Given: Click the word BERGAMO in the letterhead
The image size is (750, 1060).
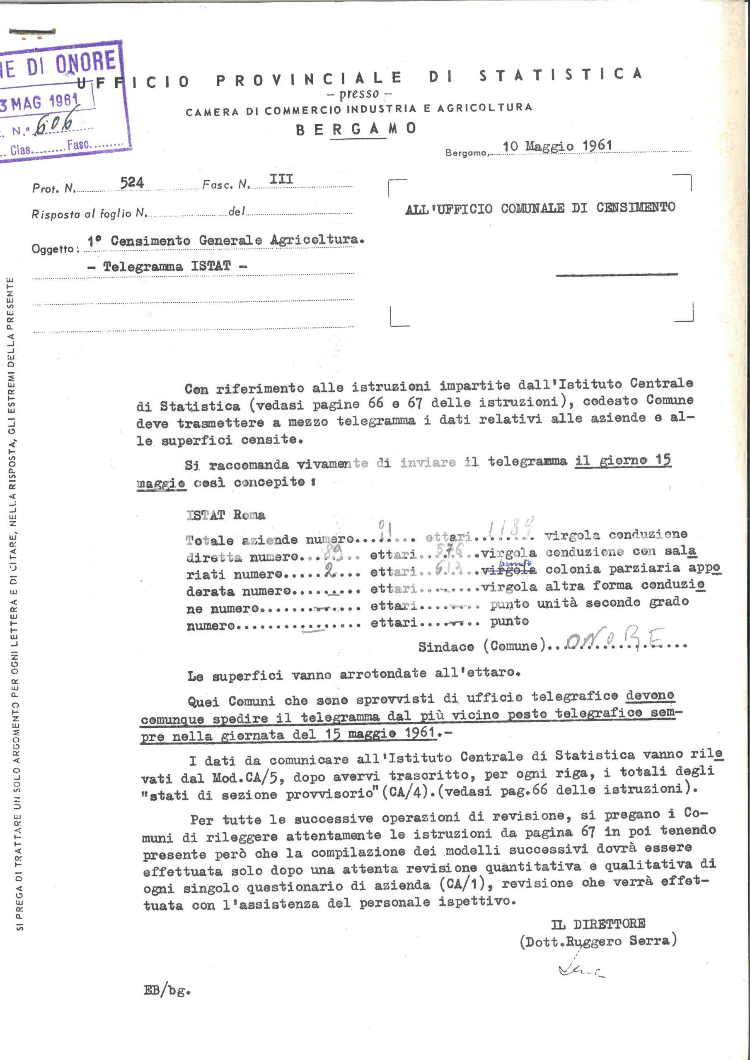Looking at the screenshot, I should [356, 129].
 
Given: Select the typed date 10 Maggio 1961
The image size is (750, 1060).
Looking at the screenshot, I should [557, 146].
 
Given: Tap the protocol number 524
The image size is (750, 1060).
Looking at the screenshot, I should [132, 183].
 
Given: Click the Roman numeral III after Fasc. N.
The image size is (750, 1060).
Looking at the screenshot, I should [281, 179].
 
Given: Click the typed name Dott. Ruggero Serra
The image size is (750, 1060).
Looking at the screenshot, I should [598, 941].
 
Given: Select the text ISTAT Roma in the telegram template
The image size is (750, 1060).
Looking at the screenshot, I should [225, 515].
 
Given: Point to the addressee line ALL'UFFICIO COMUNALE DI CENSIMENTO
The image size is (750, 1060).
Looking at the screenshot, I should [540, 208].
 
